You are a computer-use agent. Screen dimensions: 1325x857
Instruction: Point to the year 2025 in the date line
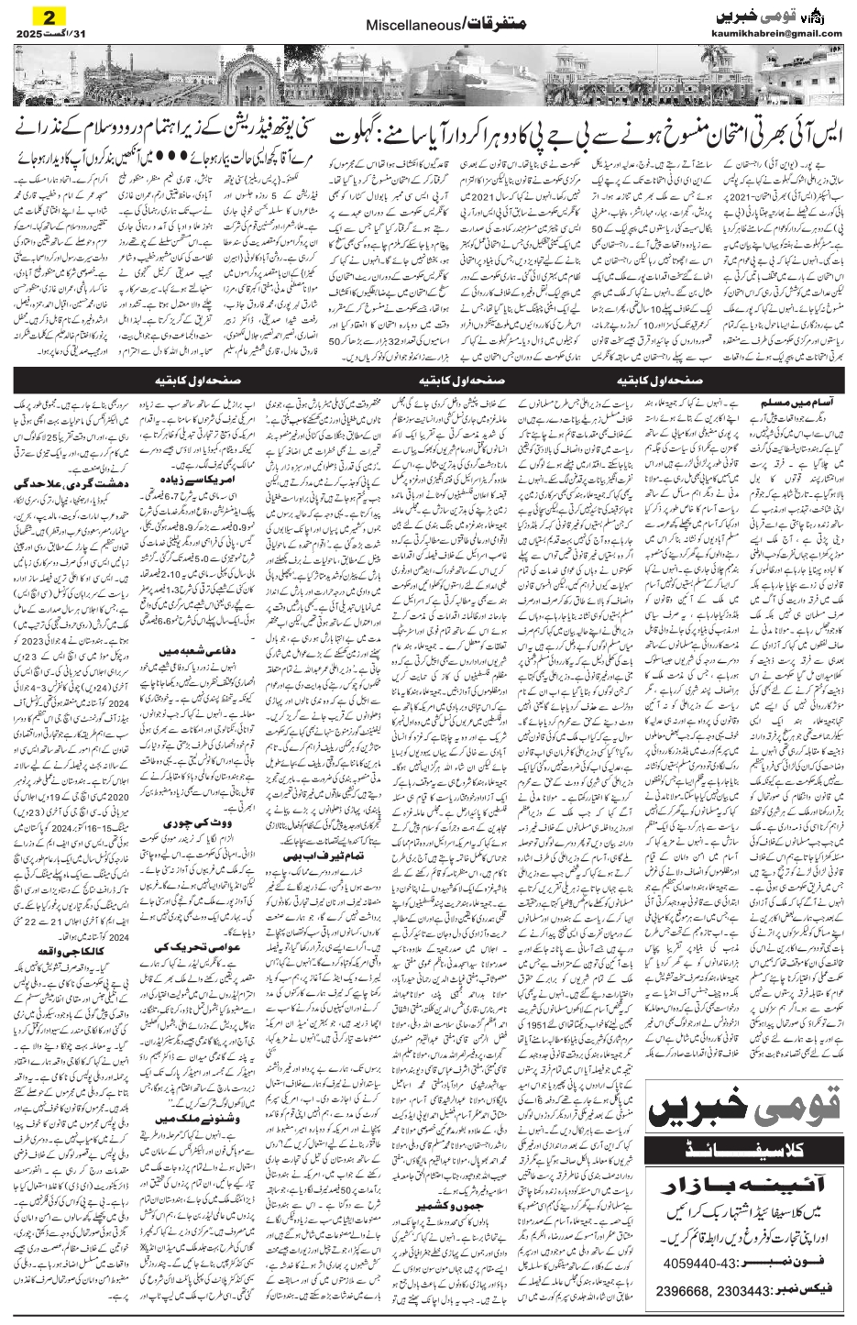33,34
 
